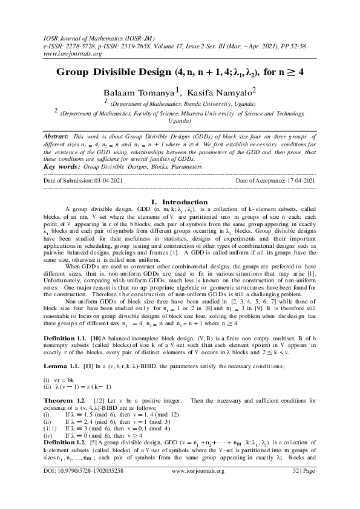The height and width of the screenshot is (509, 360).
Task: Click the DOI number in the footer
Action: coord(91,486)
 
